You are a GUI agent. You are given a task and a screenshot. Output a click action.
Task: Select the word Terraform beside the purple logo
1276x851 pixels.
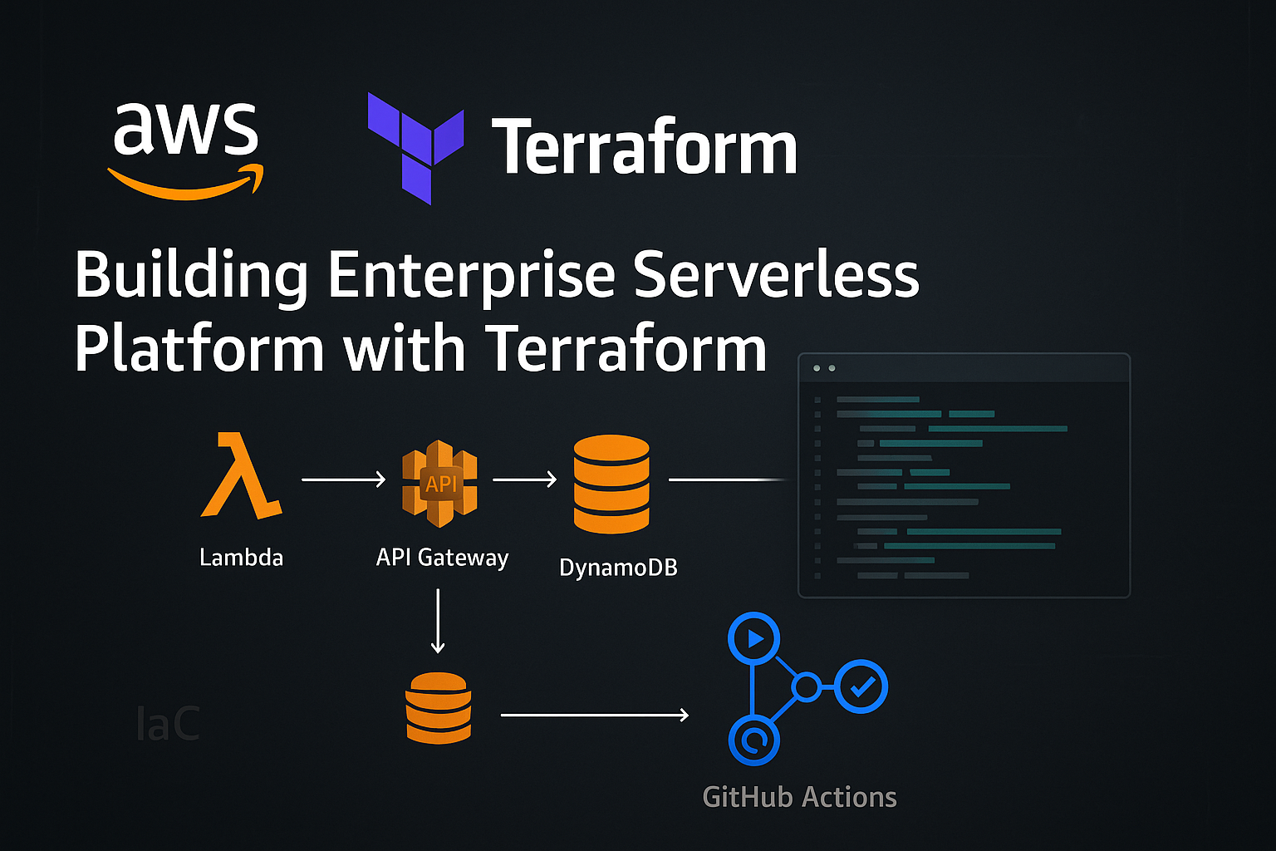645,147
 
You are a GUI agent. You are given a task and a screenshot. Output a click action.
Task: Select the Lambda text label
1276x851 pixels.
241,557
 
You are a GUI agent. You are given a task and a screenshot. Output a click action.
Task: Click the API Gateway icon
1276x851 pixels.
439,483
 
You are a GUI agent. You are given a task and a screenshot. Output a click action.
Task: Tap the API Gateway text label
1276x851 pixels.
442,557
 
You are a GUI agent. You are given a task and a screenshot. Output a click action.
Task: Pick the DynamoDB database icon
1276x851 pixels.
611,484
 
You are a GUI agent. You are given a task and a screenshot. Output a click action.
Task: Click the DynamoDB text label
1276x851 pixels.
618,568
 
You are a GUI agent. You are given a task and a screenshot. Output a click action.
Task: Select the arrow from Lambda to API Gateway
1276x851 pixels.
343,480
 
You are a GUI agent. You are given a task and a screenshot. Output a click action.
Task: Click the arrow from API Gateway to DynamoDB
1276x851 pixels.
524,480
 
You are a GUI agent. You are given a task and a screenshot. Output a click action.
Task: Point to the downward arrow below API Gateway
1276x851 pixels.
438,621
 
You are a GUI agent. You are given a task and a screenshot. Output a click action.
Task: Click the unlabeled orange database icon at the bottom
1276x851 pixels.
439,707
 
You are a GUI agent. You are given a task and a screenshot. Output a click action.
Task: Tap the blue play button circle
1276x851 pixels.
753,639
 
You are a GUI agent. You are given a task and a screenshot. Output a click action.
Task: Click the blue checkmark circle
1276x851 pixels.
861,686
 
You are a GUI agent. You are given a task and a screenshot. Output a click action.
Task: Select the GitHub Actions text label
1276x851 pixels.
799,797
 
